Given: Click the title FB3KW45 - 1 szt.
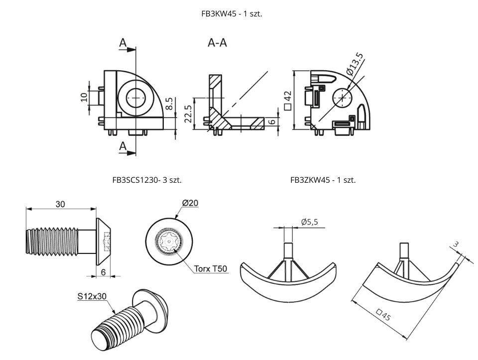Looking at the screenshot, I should tap(232, 14).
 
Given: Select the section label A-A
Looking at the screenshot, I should tap(218, 43).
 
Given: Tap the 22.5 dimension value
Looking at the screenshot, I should tap(188, 114).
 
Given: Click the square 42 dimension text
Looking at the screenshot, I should tap(287, 100).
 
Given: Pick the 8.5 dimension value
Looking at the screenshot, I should tap(170, 103).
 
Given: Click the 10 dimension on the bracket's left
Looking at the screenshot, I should tap(84, 96).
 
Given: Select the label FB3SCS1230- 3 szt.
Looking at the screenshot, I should tap(147, 180).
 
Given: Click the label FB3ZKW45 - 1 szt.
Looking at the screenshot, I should tap(323, 180).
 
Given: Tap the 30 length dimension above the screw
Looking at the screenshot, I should tap(60, 204).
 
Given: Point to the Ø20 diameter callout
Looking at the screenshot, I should tap(190, 203).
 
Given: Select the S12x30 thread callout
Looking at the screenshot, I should tap(92, 296).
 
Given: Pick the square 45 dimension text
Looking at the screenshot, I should tap(383, 315).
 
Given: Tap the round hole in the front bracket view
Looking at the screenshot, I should tap(135, 98).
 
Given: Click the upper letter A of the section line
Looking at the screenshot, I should tap(123, 44).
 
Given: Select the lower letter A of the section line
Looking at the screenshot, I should tap(123, 146).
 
